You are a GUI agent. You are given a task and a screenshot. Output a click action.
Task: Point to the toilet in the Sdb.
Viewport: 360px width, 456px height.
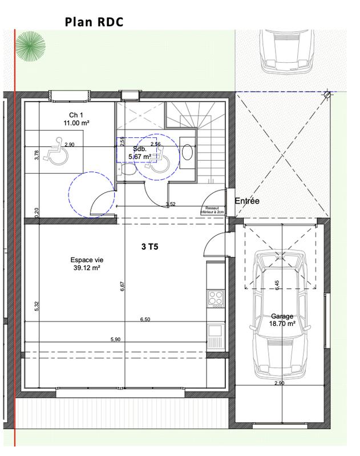click(x=130, y=170)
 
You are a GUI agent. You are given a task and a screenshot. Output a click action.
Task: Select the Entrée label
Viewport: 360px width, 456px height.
click(x=248, y=201)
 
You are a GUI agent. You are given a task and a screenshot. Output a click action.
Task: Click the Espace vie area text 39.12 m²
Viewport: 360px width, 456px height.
click(x=83, y=267)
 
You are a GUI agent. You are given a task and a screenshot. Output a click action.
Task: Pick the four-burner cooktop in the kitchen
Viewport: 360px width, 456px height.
click(x=216, y=297)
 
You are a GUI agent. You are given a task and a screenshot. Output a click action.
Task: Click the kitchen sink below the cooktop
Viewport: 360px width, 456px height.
click(x=216, y=331)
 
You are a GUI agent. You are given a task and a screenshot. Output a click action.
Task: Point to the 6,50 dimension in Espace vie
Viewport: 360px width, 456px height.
click(x=145, y=320)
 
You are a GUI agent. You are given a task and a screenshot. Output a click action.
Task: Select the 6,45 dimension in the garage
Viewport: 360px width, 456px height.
click(x=278, y=286)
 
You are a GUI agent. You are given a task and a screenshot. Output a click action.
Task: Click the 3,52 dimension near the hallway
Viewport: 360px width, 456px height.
click(x=170, y=204)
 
